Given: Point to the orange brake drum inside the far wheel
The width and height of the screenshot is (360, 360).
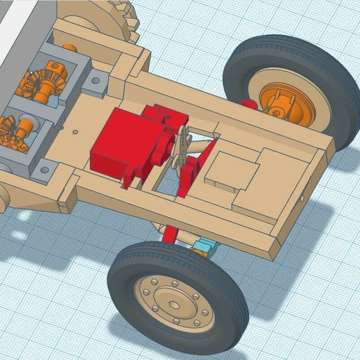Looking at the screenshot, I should tap(286, 101).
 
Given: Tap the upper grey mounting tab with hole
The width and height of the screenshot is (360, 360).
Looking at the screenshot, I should tap(96, 83).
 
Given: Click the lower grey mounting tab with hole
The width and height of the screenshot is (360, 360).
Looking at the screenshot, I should tap(45, 168).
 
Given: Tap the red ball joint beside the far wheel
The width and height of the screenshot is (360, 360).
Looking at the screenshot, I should tap(248, 105).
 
